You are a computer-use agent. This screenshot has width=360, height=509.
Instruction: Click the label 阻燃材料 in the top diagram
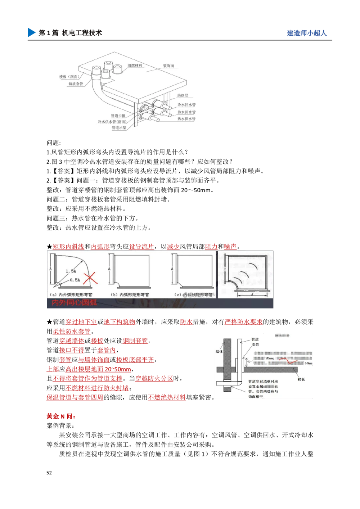coord(135,66)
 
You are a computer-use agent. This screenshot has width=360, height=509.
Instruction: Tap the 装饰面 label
coord(168,66)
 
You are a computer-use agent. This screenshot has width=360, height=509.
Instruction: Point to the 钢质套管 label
coord(76,84)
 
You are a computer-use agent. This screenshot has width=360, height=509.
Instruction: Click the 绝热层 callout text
coord(183,96)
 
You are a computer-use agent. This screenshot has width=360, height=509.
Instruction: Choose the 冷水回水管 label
coord(186,105)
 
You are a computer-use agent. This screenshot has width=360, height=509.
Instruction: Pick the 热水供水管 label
coord(186,119)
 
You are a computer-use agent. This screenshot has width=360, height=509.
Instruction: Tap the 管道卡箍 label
coord(118,116)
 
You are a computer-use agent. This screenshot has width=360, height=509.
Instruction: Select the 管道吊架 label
coord(119,128)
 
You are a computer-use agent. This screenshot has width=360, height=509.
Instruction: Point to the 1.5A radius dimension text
coord(71,271)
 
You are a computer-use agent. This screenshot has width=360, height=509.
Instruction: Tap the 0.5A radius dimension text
coord(75,280)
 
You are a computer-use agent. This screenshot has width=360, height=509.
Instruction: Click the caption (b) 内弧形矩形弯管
coord(130,295)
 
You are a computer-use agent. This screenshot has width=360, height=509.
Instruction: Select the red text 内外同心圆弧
coord(74,303)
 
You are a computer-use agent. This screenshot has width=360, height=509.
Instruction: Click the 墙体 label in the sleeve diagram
coord(219,351)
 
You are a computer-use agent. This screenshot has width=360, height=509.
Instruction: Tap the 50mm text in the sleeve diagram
coord(309,363)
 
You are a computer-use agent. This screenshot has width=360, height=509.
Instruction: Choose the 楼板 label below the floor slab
coord(301,379)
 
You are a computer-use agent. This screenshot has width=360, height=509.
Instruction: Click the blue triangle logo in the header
coord(31,32)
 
